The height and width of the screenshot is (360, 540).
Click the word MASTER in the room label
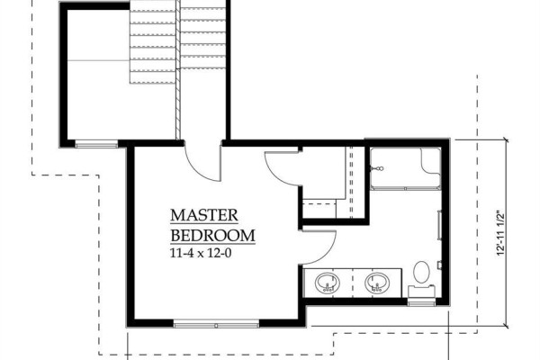[204, 215]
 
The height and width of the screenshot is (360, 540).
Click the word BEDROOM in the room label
[212, 236]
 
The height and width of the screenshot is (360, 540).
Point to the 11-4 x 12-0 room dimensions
[201, 253]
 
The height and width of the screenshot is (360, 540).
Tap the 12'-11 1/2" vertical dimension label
[500, 232]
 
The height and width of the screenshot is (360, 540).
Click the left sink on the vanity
[328, 283]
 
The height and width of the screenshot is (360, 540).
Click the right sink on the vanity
[377, 283]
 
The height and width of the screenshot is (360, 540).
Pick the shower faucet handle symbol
[376, 168]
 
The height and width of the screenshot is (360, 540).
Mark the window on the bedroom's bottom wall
[216, 324]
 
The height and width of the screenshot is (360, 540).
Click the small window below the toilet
[421, 302]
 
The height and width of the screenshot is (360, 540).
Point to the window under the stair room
[97, 145]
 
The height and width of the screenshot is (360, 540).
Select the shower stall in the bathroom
[406, 168]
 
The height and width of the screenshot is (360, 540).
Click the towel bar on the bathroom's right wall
[439, 225]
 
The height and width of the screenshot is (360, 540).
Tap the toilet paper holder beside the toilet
[440, 265]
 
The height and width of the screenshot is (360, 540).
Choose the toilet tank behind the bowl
[421, 291]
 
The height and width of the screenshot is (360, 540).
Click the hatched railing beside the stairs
[177, 69]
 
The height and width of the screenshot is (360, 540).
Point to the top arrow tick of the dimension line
[506, 139]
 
